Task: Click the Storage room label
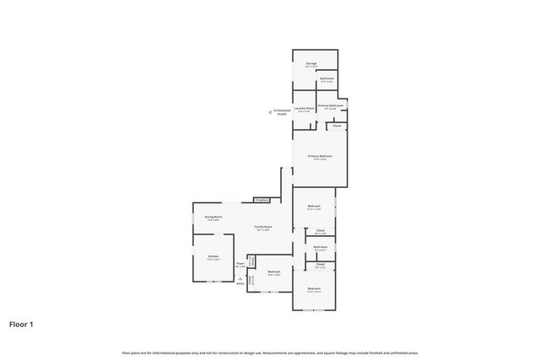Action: coord(311,63)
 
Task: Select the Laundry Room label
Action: coord(305,109)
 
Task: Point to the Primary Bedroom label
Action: coord(320,157)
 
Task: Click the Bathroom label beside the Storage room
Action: coord(327,79)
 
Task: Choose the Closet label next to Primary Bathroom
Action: coord(337,126)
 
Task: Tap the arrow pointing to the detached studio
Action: coord(271,110)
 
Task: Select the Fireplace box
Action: coord(262,200)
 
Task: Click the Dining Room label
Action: coord(213,218)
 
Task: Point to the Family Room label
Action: coord(263,228)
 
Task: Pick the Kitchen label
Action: coord(213,257)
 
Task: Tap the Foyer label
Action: coord(240,265)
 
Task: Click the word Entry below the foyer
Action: coord(240,284)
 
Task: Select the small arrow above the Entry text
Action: coord(240,278)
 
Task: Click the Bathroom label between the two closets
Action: coord(321,248)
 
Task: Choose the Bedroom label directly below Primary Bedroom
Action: coord(314,207)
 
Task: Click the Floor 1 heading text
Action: coord(22,324)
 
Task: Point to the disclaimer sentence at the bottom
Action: coord(270,352)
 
